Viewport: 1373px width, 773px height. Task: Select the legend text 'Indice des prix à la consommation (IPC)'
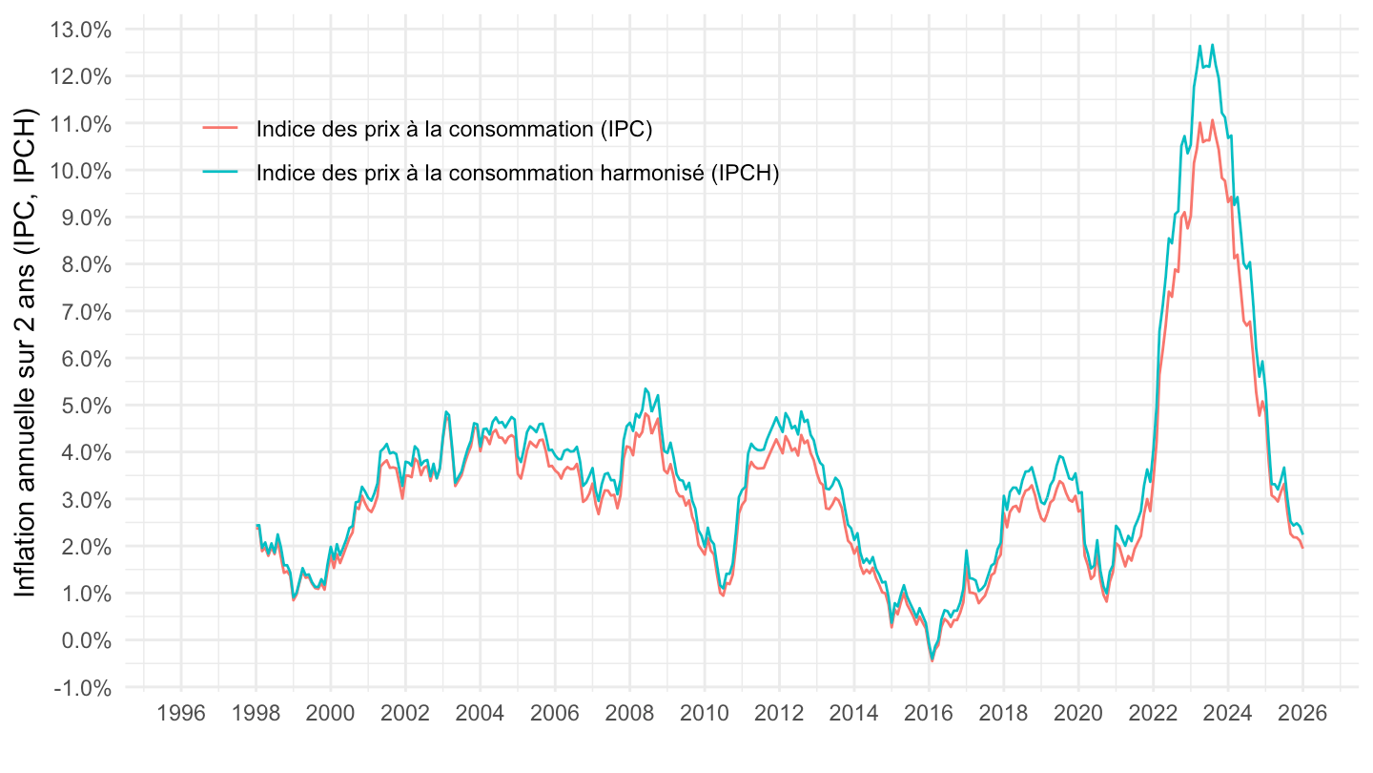click(454, 131)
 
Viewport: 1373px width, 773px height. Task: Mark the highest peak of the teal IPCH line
click(1212, 44)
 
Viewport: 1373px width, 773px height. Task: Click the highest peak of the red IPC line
click(1212, 119)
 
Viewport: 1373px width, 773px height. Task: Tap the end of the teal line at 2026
click(1302, 533)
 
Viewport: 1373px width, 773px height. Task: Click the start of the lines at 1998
click(256, 526)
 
